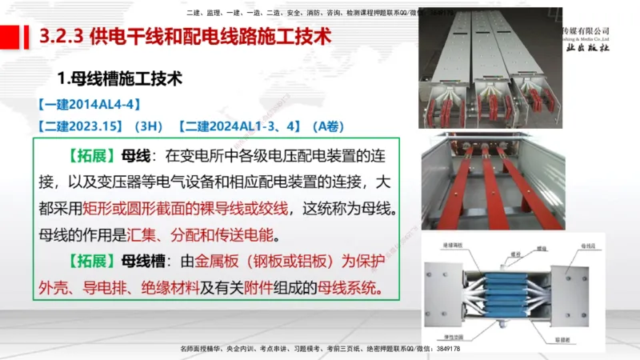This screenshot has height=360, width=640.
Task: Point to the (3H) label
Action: coord(149,126)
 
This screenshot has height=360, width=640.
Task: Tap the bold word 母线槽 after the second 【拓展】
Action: coord(141,261)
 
